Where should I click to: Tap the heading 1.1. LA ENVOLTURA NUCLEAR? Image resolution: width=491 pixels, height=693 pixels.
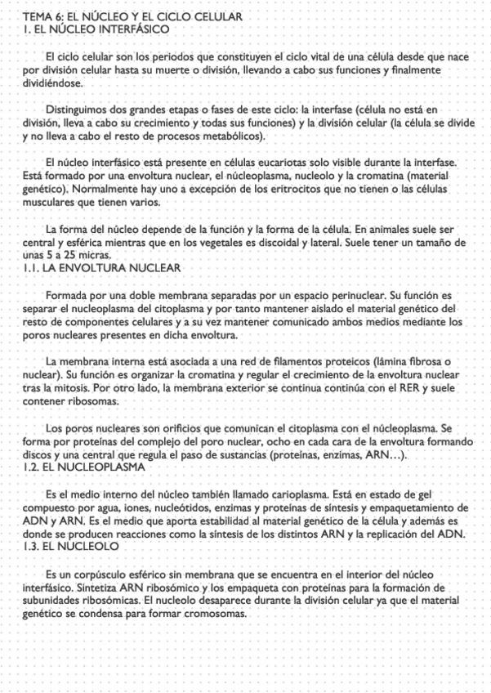102,268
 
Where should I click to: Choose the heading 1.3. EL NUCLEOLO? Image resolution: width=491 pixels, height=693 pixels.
71,546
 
